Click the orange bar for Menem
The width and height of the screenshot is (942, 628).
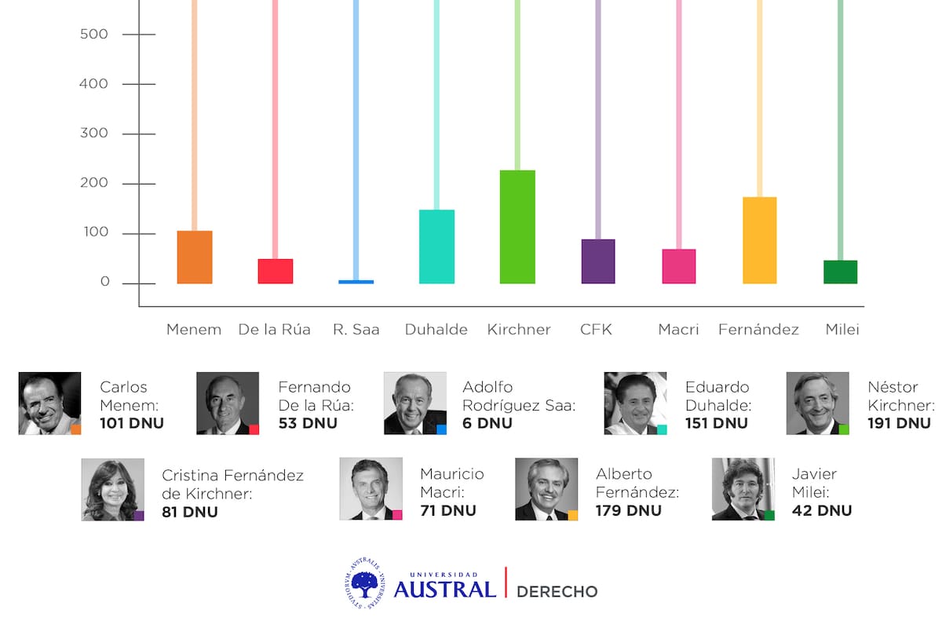(x=195, y=257)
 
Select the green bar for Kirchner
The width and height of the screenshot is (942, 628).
(x=517, y=227)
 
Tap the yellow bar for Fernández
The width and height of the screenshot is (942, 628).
(x=759, y=240)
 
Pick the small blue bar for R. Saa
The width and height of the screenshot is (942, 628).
(x=356, y=281)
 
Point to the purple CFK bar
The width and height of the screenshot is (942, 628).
(x=598, y=261)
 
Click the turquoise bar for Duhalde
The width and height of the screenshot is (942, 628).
(x=436, y=246)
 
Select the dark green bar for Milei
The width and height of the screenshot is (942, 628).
(x=840, y=272)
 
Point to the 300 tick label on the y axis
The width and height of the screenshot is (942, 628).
(x=93, y=133)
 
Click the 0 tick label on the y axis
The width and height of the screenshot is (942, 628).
(x=104, y=283)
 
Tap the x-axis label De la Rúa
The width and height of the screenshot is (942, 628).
(x=274, y=330)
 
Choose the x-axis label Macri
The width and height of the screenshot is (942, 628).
(x=678, y=330)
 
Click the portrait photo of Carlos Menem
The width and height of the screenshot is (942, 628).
(x=49, y=403)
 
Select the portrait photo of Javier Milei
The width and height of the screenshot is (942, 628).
(x=743, y=489)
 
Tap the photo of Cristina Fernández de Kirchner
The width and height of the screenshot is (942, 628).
(x=112, y=489)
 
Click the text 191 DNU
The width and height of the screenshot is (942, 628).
(x=899, y=423)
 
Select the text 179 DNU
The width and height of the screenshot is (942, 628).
(x=629, y=510)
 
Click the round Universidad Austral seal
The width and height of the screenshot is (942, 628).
(x=367, y=582)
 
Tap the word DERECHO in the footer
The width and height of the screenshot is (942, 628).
(x=557, y=591)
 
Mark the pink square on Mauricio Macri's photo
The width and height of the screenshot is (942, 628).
(x=396, y=515)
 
